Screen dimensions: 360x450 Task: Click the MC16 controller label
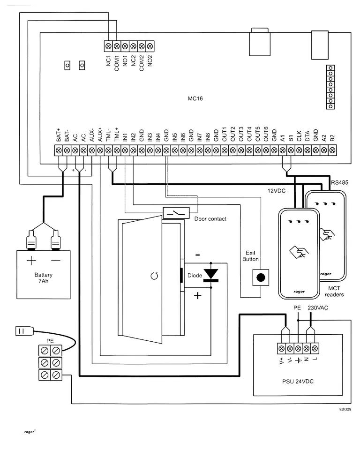coord(195,98)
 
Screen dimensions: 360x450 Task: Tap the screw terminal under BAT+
coord(59,150)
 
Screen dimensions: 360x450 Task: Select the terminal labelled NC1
coord(109,46)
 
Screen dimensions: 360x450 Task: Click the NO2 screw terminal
coord(150,46)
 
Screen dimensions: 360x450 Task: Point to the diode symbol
coord(211,275)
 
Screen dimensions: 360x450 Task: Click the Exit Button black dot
coord(261,277)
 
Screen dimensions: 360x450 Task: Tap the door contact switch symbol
coord(176,213)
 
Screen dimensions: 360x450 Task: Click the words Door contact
coord(210,219)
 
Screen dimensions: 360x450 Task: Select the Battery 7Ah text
coord(43,278)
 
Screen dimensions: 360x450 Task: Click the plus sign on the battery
coord(31,261)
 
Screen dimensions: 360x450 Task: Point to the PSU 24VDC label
coord(298,382)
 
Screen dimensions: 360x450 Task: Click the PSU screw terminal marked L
coord(315,348)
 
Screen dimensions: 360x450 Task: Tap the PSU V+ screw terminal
coord(281,348)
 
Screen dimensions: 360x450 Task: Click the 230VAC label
coord(318,307)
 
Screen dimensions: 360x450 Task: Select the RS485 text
coord(340,182)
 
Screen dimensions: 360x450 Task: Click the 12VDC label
coord(277,191)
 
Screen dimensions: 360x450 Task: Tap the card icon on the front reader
coord(299,252)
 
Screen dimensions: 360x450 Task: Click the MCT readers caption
coord(334,291)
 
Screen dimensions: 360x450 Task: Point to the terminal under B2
coord(332,150)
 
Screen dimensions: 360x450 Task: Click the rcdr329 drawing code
coord(345,409)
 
